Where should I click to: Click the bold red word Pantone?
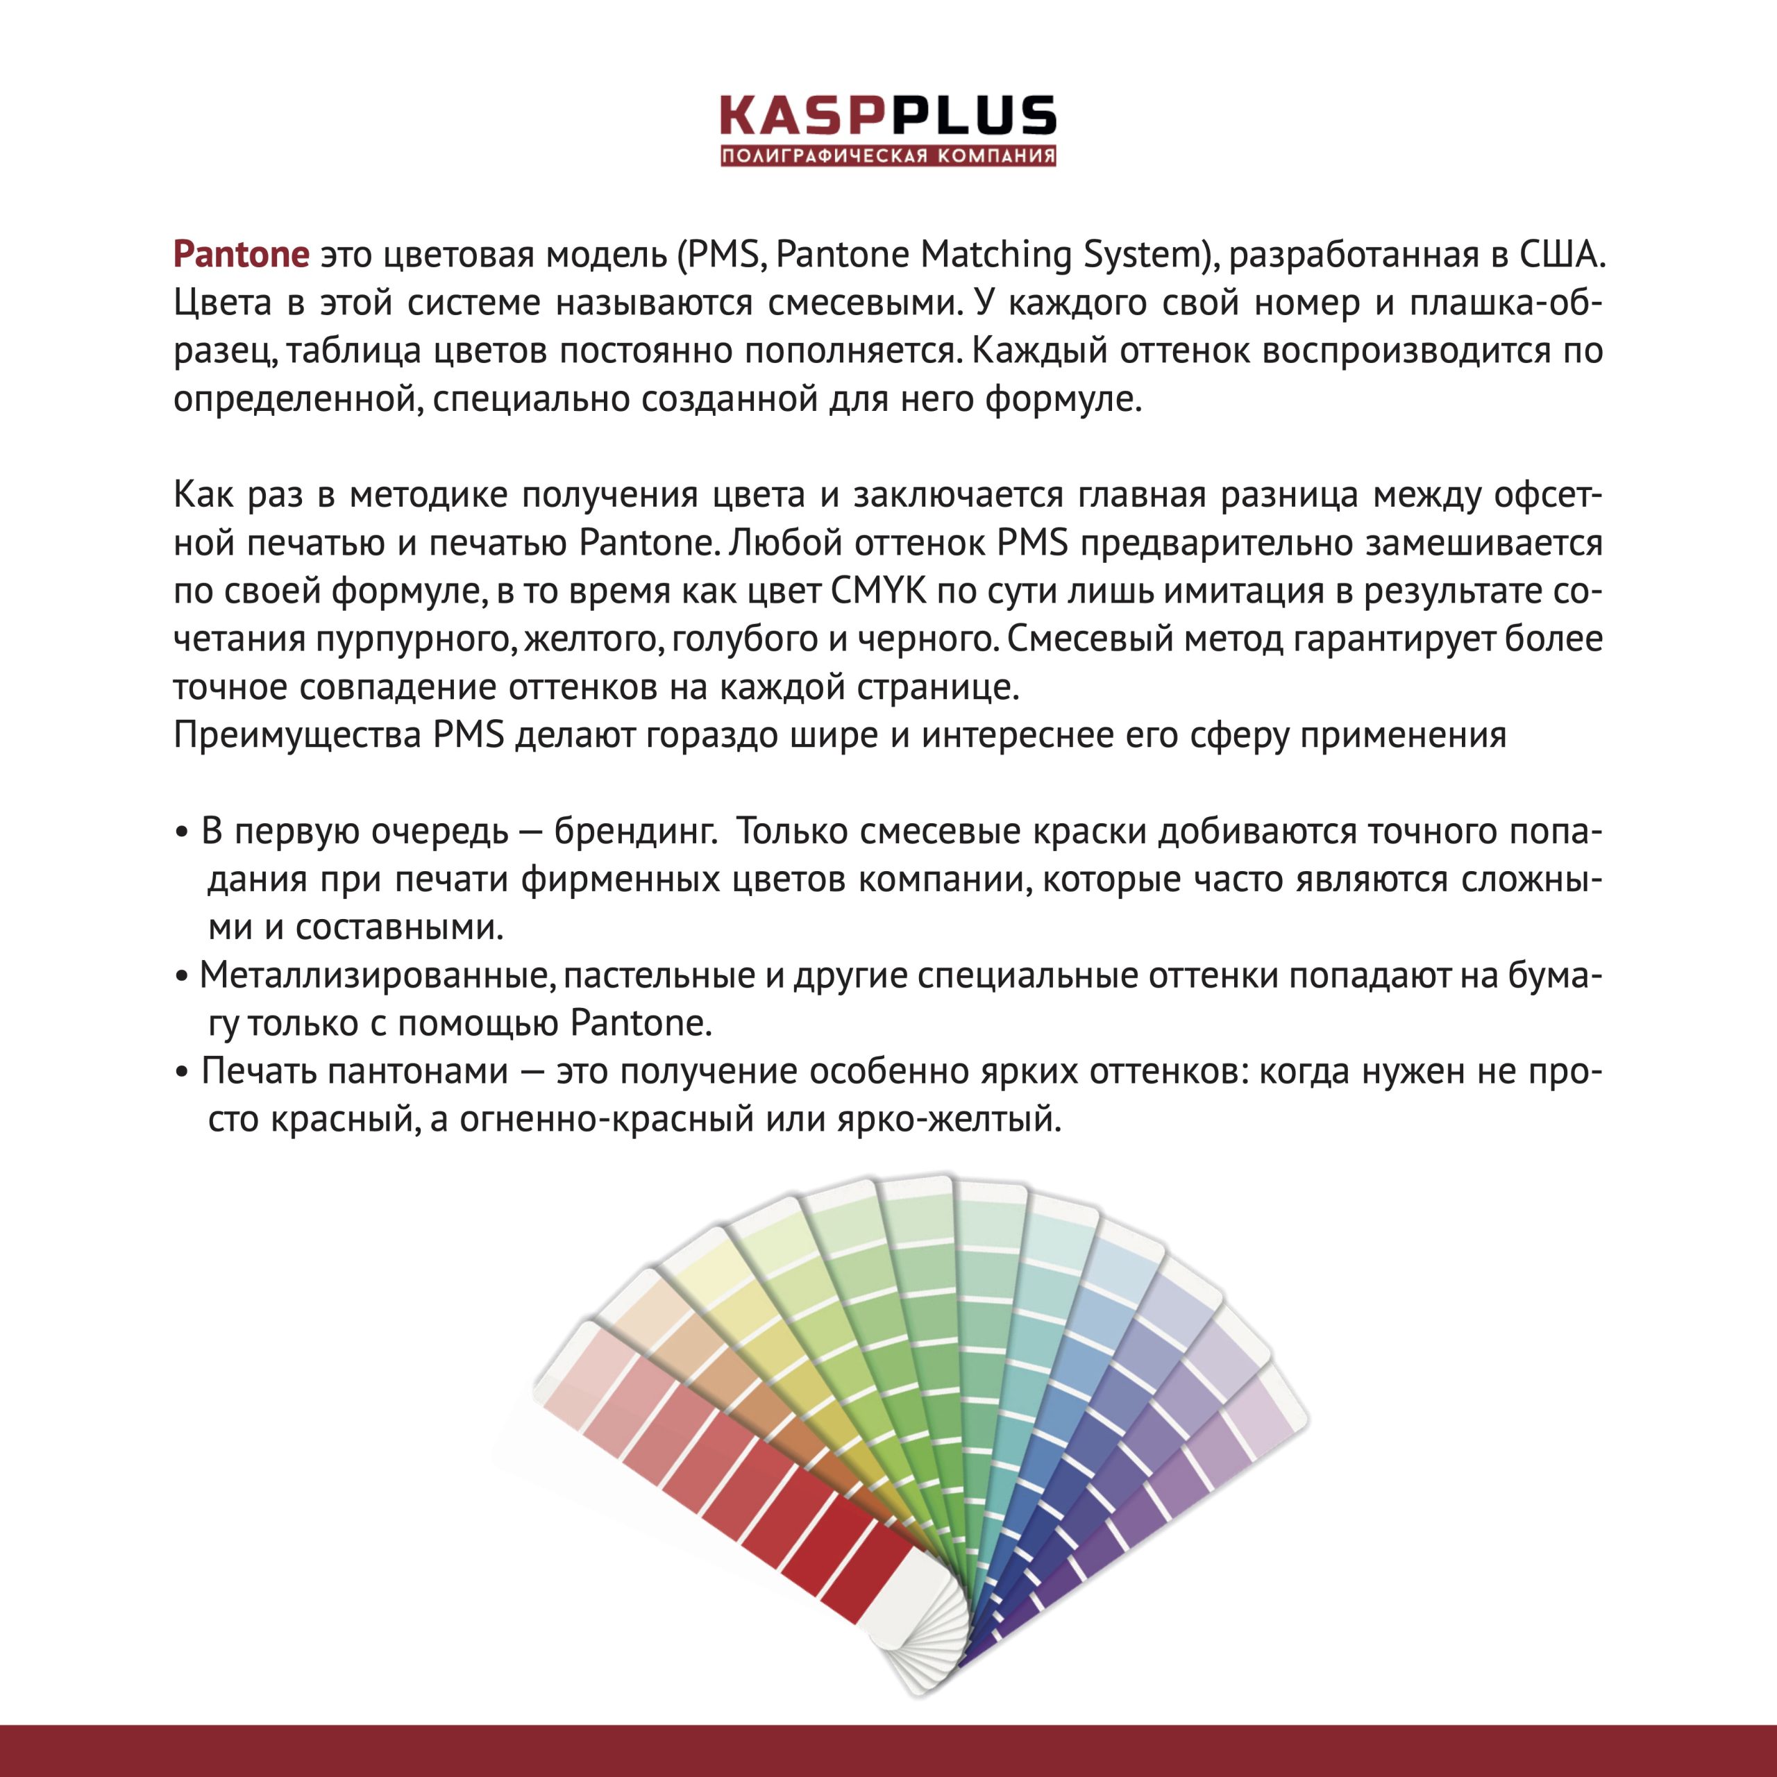(241, 255)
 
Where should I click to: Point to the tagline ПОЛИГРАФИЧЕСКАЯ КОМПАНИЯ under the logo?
(888, 156)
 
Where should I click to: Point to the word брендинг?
(634, 832)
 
